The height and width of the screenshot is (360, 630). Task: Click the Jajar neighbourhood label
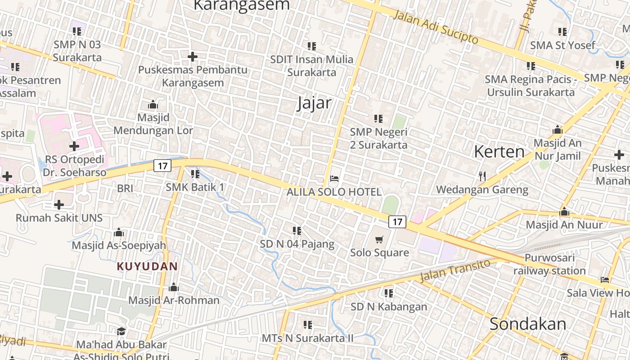pyautogui.click(x=314, y=103)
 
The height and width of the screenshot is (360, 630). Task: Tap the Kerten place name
pyautogui.click(x=499, y=152)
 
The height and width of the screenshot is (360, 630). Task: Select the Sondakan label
pyautogui.click(x=528, y=324)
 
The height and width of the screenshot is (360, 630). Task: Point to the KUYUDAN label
pyautogui.click(x=147, y=266)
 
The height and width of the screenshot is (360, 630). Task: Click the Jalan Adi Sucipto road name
pyautogui.click(x=436, y=27)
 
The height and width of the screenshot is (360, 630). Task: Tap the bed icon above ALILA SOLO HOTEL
pyautogui.click(x=334, y=179)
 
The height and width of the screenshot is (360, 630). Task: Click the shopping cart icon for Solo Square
pyautogui.click(x=379, y=239)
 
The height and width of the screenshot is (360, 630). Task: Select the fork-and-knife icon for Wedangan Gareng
pyautogui.click(x=482, y=176)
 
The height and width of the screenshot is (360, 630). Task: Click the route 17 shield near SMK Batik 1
pyautogui.click(x=162, y=166)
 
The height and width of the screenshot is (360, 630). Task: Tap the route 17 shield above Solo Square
pyautogui.click(x=397, y=221)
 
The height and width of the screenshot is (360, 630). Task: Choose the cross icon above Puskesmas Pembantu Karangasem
pyautogui.click(x=193, y=57)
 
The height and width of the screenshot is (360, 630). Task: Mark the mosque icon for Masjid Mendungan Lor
pyautogui.click(x=153, y=105)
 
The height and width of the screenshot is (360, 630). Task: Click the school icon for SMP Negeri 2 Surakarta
pyautogui.click(x=378, y=119)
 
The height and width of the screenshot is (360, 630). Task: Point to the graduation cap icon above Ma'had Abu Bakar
pyautogui.click(x=121, y=332)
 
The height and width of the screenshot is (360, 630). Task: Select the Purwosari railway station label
pyautogui.click(x=549, y=265)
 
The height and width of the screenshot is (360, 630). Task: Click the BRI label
pyautogui.click(x=125, y=189)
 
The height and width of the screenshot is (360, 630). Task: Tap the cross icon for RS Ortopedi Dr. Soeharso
pyautogui.click(x=74, y=146)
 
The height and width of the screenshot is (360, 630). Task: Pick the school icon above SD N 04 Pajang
pyautogui.click(x=297, y=231)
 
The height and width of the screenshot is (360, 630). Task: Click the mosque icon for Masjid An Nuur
pyautogui.click(x=564, y=211)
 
